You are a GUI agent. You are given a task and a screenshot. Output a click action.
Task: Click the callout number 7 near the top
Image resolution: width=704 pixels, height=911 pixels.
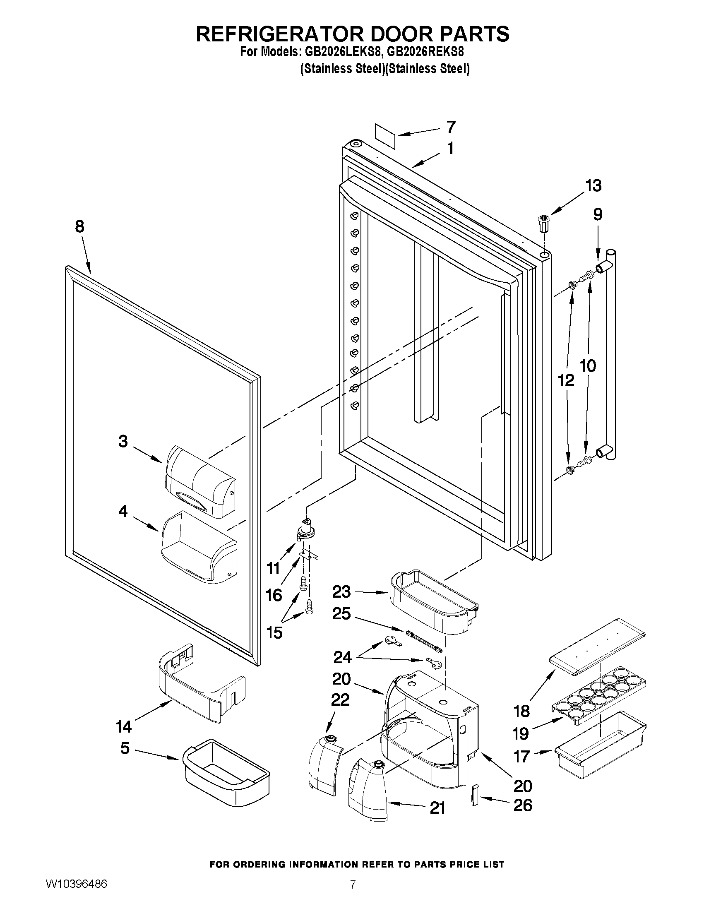pos(451,127)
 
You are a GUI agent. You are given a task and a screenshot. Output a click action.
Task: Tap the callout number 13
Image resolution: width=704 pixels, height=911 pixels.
pos(593,185)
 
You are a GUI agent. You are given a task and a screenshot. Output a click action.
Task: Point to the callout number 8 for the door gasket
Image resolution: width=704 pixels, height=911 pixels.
pos(79,226)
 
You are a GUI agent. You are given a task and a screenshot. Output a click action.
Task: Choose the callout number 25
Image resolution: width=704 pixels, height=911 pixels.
pos(341,614)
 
